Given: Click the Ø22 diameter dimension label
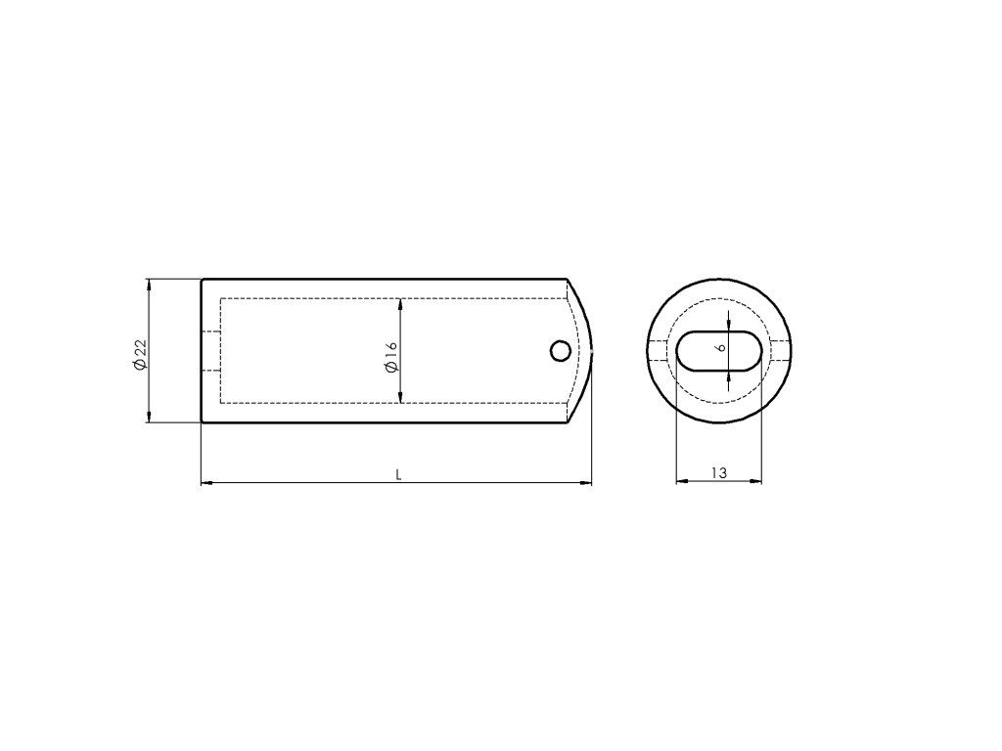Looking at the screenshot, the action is click(x=140, y=354).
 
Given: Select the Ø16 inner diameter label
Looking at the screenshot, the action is click(x=390, y=356).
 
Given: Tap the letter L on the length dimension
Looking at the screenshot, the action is click(x=398, y=474).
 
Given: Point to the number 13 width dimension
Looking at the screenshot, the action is click(x=719, y=473).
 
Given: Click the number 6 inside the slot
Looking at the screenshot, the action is click(x=721, y=348).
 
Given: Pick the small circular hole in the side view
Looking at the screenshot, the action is click(x=561, y=351).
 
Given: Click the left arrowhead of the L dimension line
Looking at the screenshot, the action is click(x=207, y=483).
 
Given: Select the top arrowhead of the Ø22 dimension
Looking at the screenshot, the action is click(x=149, y=286).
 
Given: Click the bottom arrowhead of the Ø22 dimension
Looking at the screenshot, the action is click(x=149, y=417).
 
